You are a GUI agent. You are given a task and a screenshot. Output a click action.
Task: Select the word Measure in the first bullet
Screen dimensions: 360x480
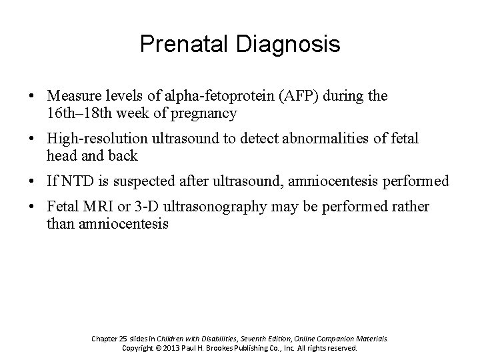(x=69, y=96)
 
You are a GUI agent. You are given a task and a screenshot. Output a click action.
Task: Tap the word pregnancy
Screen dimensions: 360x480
(x=208, y=113)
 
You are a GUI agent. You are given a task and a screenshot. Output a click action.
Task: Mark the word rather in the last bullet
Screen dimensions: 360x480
(x=412, y=207)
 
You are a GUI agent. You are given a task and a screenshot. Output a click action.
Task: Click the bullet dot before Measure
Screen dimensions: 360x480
(x=33, y=97)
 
